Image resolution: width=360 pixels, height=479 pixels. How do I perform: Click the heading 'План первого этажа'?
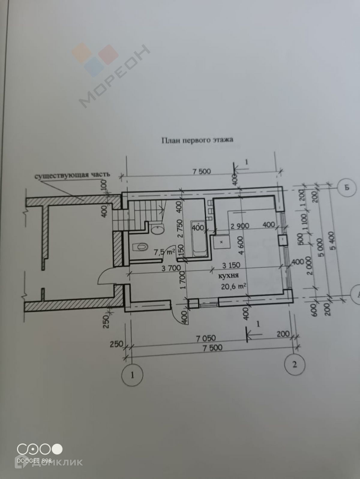[x=197, y=140]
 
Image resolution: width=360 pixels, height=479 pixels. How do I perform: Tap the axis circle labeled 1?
[x=132, y=375]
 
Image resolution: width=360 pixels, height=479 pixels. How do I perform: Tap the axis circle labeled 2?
[x=295, y=364]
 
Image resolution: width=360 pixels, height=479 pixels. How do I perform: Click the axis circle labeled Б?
[x=347, y=188]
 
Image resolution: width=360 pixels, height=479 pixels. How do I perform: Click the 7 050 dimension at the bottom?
[x=206, y=338]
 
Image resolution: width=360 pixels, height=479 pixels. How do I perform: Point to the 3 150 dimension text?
[x=231, y=265]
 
